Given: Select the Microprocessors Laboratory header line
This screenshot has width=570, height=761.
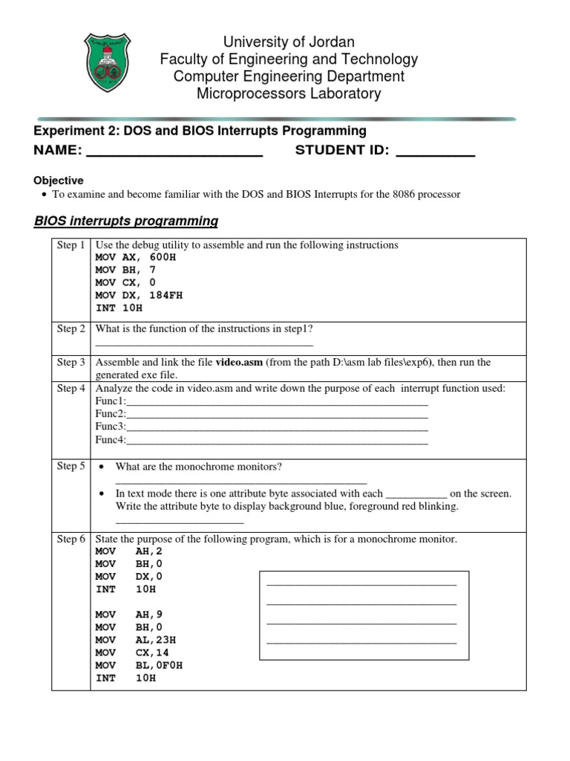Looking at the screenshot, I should click(289, 94).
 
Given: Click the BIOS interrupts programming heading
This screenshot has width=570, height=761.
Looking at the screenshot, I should click(126, 221).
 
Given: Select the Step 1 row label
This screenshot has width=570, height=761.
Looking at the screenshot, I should click(71, 245).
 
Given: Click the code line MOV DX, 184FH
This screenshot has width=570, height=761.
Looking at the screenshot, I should click(139, 295).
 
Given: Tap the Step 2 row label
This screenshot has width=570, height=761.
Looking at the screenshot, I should click(71, 328).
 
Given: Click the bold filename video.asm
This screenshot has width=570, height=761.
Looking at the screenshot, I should click(239, 363).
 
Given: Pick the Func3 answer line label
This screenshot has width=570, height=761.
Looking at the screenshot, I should click(111, 427).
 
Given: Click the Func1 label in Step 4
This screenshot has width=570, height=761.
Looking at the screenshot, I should click(111, 402).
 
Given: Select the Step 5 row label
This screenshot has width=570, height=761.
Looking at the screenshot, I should click(71, 466).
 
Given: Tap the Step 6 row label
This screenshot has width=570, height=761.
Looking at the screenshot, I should click(71, 539).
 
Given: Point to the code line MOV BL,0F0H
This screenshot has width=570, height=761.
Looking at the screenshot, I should click(139, 665).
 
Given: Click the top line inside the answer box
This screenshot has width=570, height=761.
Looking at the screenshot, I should click(361, 585).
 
